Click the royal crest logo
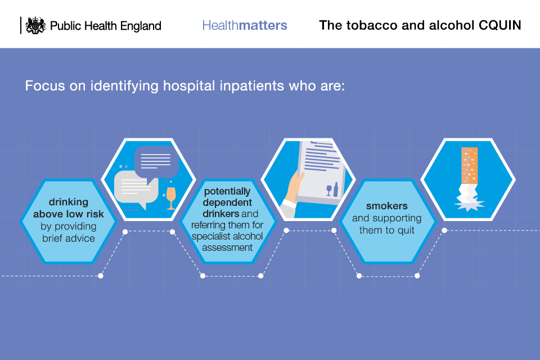click(x=36, y=25)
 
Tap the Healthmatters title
click(x=245, y=25)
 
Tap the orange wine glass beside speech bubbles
click(x=171, y=198)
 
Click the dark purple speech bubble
click(x=156, y=162)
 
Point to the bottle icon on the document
click(x=336, y=190)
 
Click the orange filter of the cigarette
click(x=469, y=166)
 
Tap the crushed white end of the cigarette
click(x=469, y=198)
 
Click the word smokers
click(x=387, y=206)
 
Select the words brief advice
click(x=69, y=238)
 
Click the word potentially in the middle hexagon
click(x=227, y=192)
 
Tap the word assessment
click(x=227, y=247)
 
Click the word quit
click(x=406, y=231)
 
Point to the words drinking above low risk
click(x=69, y=208)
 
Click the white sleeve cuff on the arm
click(x=289, y=205)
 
